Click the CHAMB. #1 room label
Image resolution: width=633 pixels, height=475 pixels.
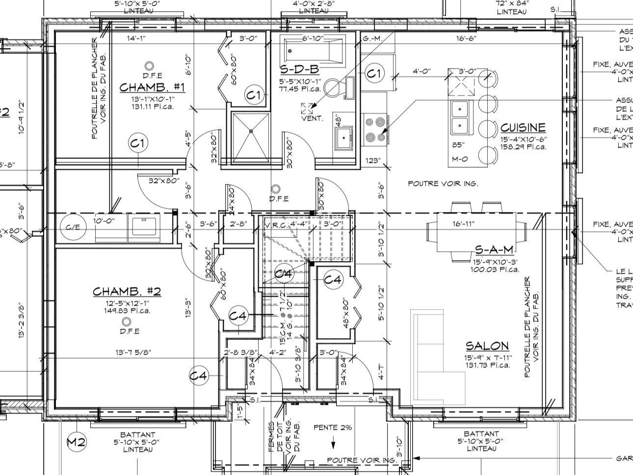pyautogui.click(x=152, y=87)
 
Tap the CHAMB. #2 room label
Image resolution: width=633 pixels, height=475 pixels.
pyautogui.click(x=127, y=291)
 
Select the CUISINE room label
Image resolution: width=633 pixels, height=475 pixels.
pyautogui.click(x=523, y=128)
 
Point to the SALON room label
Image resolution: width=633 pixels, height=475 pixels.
pyautogui.click(x=487, y=346)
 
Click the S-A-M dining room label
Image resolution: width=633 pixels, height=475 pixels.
pyautogui.click(x=494, y=250)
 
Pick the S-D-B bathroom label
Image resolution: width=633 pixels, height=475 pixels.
pyautogui.click(x=299, y=69)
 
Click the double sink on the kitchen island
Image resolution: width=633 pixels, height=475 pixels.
pyautogui.click(x=460, y=118)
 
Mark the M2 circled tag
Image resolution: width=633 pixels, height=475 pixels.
pyautogui.click(x=77, y=442)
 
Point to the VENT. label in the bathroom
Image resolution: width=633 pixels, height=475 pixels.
pyautogui.click(x=312, y=118)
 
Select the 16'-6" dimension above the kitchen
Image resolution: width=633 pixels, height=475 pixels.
pyautogui.click(x=466, y=39)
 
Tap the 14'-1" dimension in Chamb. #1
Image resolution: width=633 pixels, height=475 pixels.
pyautogui.click(x=136, y=39)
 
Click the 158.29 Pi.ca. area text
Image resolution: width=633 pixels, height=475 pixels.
pyautogui.click(x=523, y=146)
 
